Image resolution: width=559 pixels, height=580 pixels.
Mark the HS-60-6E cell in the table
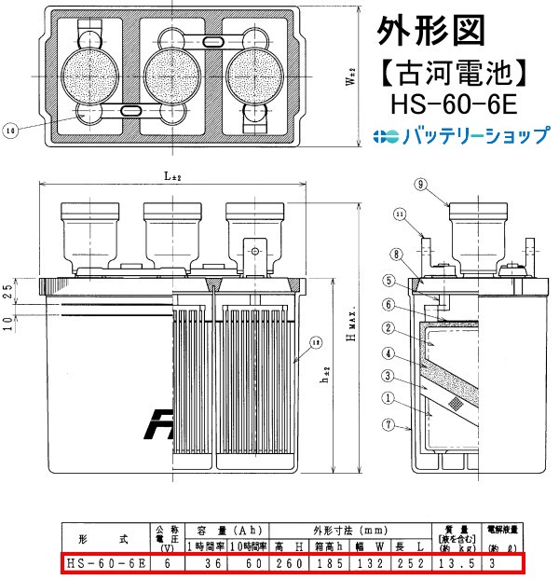pos(104,563)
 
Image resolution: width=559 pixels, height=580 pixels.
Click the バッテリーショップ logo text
pos(474,136)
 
